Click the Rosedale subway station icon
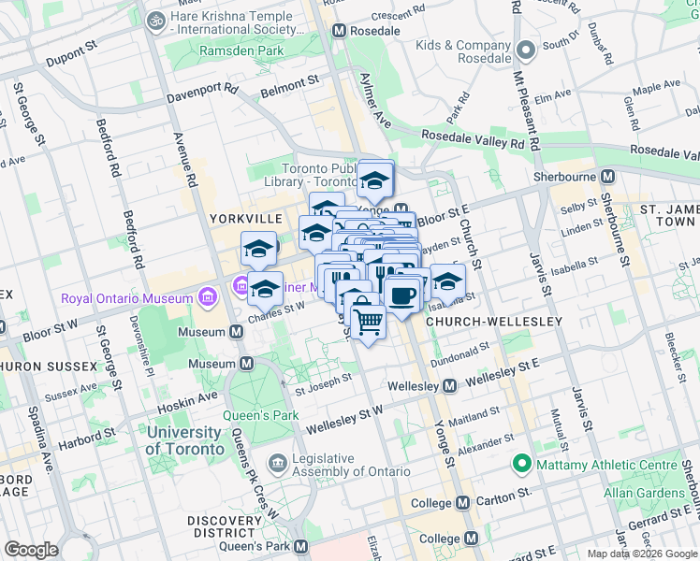pos(339,31)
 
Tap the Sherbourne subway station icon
pos(607,176)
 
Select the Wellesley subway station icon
pos(449,385)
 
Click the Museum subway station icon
pos(247,363)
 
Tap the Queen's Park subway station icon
pos(300,546)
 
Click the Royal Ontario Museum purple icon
pos(207,299)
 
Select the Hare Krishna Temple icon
pos(154,18)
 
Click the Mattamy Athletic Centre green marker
pos(520,464)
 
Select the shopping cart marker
pos(369,321)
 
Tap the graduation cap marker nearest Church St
pos(447,280)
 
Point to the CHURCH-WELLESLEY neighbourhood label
pos(493,322)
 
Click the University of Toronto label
pos(185,440)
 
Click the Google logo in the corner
pos(31,550)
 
